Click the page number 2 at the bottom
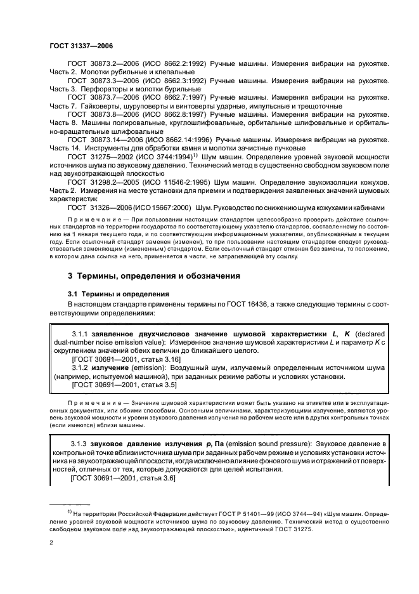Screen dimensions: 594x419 52,543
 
